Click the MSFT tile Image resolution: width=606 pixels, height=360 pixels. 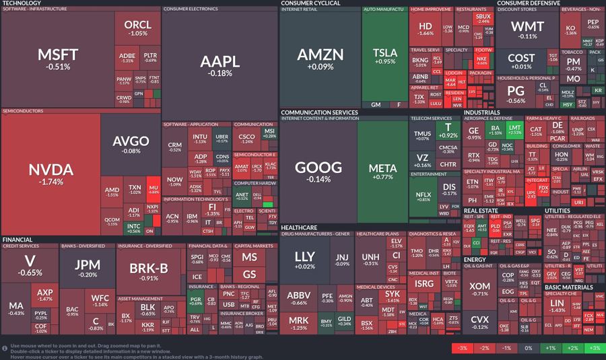pyautogui.click(x=58, y=59)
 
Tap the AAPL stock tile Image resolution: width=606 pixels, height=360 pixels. pyautogui.click(x=220, y=65)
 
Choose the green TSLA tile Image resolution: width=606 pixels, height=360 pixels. pyautogui.click(x=384, y=57)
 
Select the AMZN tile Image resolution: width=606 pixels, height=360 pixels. pyautogui.click(x=320, y=58)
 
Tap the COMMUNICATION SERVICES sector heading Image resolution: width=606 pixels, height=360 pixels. pyautogui.click(x=319, y=112)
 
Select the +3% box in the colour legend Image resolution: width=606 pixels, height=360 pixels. pyautogui.click(x=594, y=348)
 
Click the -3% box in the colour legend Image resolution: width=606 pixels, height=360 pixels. pyautogui.click(x=463, y=348)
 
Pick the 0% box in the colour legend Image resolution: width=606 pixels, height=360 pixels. pyautogui.click(x=528, y=348)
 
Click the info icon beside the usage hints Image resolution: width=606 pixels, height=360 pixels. pyautogui.click(x=5, y=347)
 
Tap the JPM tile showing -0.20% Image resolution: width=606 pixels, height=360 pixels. pyautogui.click(x=88, y=267)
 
